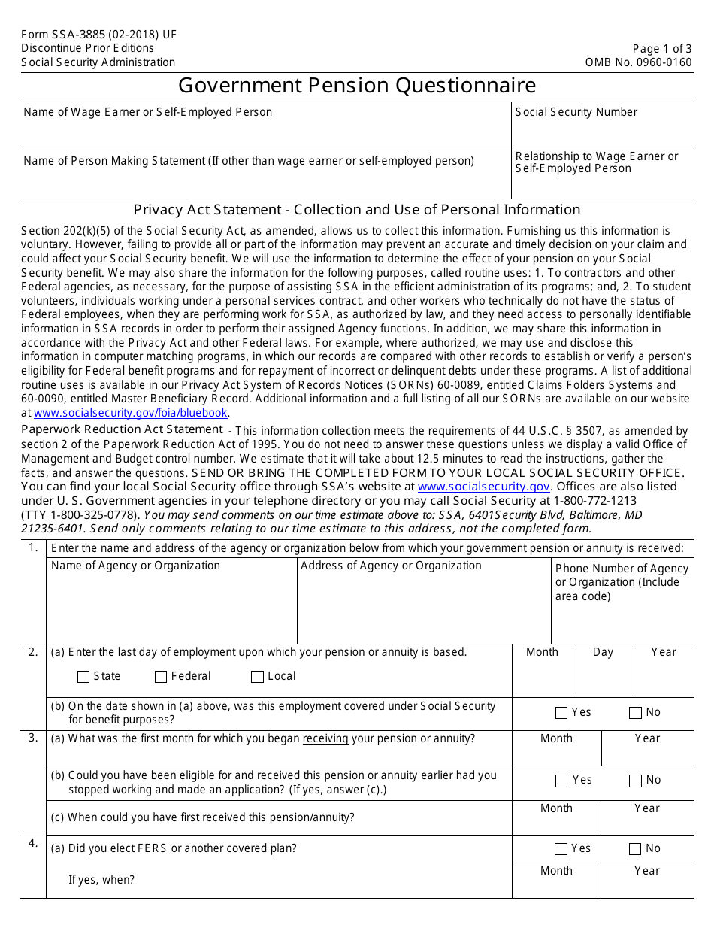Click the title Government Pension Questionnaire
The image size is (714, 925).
(357, 86)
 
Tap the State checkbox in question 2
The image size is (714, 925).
(83, 677)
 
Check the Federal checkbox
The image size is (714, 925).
(161, 677)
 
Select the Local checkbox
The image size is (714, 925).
(258, 677)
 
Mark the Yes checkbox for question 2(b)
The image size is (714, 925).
(561, 713)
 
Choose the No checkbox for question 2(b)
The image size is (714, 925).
(636, 713)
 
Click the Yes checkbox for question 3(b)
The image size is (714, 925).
(561, 781)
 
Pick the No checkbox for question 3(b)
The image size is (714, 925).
(636, 781)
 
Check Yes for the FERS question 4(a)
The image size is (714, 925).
(561, 849)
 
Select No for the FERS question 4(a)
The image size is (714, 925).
(636, 849)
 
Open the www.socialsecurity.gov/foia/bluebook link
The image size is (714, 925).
(131, 413)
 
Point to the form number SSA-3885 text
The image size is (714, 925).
(98, 35)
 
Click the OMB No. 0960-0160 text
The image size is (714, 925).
(638, 62)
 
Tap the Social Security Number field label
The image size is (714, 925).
(576, 112)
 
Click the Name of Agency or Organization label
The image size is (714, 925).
(135, 566)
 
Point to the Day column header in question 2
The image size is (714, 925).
(603, 652)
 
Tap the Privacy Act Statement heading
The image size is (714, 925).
(357, 210)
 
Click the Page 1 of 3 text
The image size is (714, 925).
(662, 48)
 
